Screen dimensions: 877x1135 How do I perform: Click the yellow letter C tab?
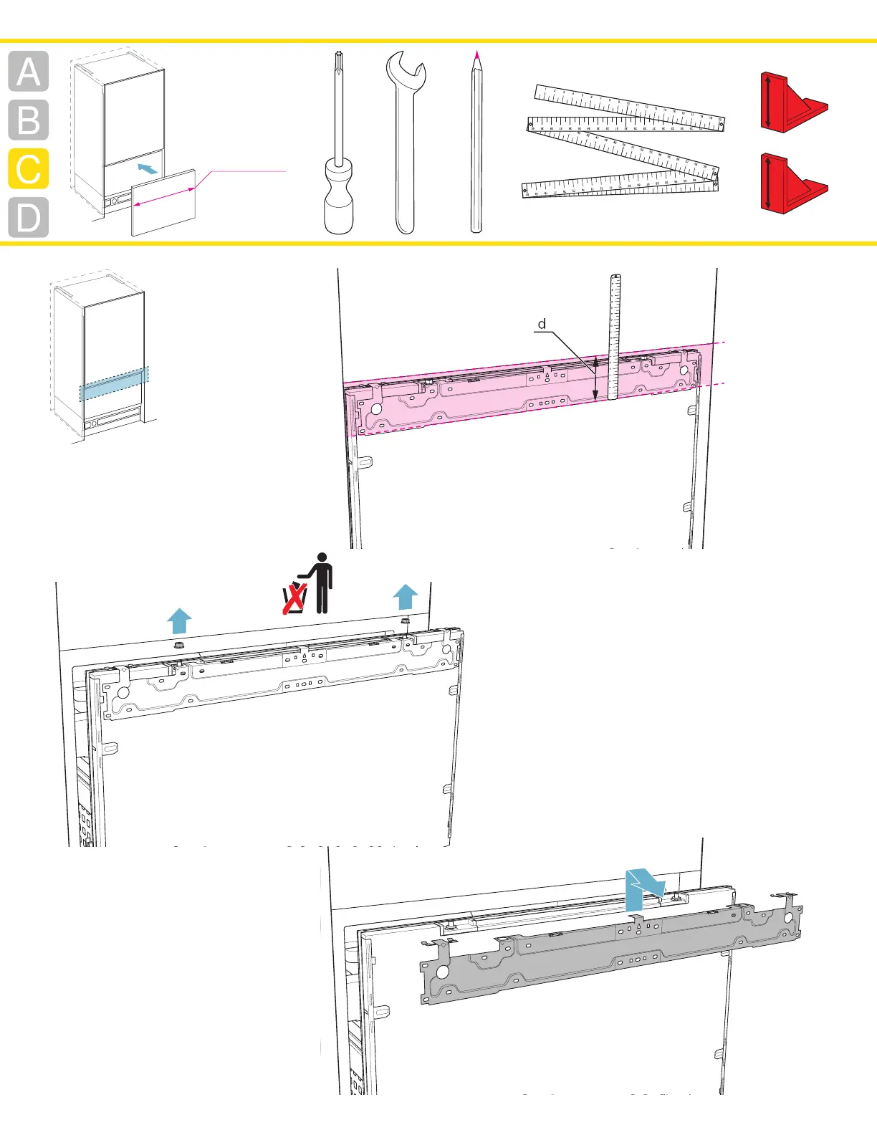pos(29,169)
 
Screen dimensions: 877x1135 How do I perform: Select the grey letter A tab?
pos(29,72)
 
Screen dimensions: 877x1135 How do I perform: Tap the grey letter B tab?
pos(29,120)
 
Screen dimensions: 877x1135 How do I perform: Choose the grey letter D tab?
pos(29,218)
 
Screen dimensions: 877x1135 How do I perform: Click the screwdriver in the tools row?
pos(338,143)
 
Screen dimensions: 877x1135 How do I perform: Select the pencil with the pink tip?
pos(476,143)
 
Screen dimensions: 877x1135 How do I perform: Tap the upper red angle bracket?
pos(792,102)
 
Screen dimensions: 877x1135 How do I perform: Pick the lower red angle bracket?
pos(792,183)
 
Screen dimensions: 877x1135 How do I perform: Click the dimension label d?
pos(542,324)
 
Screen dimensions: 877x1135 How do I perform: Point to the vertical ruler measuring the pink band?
pos(614,337)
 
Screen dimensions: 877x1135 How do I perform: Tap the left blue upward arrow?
pos(179,621)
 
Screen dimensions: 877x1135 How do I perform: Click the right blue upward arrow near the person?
pos(406,596)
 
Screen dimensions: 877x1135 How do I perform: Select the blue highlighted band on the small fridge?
pos(115,384)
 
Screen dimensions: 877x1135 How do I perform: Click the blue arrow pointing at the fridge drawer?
pos(147,168)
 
